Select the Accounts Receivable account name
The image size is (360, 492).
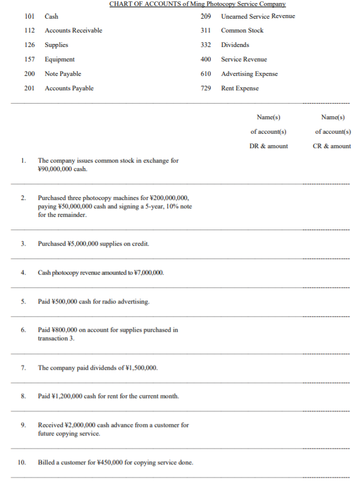coord(73,30)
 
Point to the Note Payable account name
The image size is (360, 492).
coord(63,73)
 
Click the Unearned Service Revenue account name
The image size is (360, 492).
coord(258,16)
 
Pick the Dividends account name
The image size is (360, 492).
coord(235,45)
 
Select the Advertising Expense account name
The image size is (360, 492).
coord(249,73)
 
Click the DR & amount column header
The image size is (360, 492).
coord(268,146)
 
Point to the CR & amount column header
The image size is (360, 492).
coord(333,146)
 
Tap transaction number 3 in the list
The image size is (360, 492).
coord(23,243)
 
